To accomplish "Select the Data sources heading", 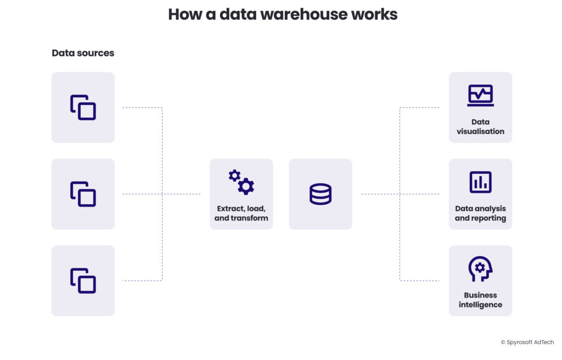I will tap(83, 53).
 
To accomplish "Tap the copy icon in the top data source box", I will tap(83, 108).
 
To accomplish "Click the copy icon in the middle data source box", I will tap(83, 194).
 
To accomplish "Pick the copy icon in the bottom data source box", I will tap(83, 280).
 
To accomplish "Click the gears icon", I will tap(241, 182).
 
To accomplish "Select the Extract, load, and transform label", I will tap(241, 213).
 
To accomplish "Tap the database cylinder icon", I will tap(321, 194).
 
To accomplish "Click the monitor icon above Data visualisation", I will tap(480, 95).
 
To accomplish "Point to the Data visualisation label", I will tap(480, 127).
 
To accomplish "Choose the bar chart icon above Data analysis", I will tap(480, 182).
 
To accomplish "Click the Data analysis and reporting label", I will tap(480, 213).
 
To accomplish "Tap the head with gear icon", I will tap(480, 269).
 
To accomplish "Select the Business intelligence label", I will tap(480, 300).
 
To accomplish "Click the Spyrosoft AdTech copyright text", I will tap(527, 342).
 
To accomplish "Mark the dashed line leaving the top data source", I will tap(142, 108).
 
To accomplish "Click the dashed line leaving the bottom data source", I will tap(142, 280).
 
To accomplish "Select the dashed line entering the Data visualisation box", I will tap(420, 108).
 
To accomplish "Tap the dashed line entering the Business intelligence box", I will tap(420, 280).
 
